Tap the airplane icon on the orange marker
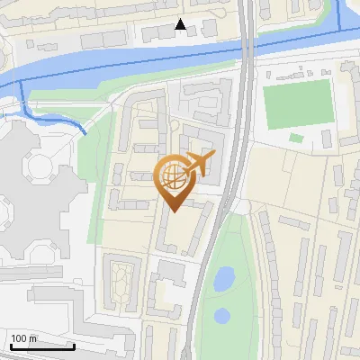tap(200, 164)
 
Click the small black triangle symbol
tap(181, 25)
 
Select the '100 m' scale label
tap(23, 338)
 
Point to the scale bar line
tap(42, 346)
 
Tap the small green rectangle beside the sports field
tap(296, 138)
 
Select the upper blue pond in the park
tap(223, 279)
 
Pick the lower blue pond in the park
tap(222, 316)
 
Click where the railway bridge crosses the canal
tap(246, 49)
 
